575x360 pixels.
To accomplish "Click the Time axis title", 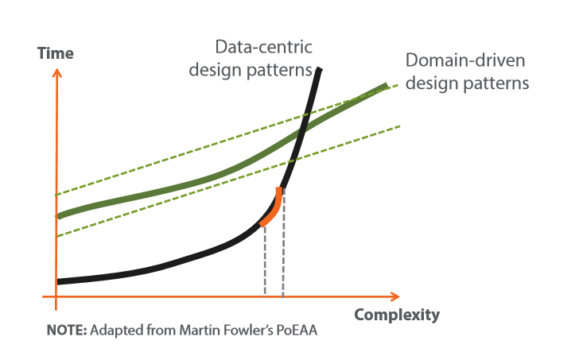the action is click(x=56, y=53).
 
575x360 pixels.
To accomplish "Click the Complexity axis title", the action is click(x=397, y=315).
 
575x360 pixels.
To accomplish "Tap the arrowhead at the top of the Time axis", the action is click(x=56, y=72).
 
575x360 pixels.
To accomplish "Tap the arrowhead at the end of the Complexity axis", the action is click(x=395, y=296).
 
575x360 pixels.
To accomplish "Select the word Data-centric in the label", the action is click(x=264, y=47).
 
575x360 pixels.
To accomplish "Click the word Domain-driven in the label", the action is click(x=465, y=60).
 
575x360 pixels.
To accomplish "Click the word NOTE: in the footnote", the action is click(x=67, y=330).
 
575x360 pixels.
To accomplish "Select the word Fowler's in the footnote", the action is click(x=245, y=330).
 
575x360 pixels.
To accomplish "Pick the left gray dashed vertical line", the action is click(x=265, y=260).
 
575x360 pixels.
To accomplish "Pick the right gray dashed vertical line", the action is click(x=283, y=242).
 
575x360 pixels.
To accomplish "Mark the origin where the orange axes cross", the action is click(x=56, y=296).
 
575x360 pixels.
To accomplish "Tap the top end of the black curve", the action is click(x=320, y=69).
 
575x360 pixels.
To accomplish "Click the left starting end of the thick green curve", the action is click(x=60, y=216).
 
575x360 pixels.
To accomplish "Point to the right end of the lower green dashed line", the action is click(x=400, y=126).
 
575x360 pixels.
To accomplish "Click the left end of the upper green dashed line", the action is click(x=56, y=195).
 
